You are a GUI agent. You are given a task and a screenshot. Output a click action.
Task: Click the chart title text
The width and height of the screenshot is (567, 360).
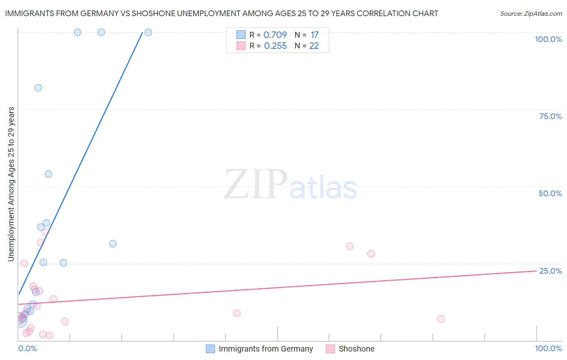pos(221,14)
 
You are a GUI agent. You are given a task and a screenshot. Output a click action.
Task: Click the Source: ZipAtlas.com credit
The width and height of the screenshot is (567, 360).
pos(531,14)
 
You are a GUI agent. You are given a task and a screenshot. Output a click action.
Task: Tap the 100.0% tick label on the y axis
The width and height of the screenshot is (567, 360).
pos(548,39)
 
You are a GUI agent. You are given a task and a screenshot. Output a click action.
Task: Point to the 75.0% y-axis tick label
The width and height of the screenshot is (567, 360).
pos(550,116)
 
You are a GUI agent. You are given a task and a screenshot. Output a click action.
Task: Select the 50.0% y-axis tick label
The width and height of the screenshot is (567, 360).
pos(550,193)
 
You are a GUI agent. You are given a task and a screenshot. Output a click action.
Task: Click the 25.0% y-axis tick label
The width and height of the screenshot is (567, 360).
pos(550,271)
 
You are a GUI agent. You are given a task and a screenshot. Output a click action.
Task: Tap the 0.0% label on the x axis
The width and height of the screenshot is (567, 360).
pos(28,348)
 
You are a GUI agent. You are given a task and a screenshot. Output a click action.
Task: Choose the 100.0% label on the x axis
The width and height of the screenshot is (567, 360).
pos(548,348)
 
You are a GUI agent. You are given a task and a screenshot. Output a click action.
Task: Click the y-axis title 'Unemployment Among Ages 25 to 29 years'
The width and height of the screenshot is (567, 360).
pos(11,184)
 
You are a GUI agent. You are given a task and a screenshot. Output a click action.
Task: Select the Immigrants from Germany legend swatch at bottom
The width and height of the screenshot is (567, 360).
pos(211,349)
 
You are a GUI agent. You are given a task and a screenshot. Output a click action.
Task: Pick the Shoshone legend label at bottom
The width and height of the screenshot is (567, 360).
pos(356,349)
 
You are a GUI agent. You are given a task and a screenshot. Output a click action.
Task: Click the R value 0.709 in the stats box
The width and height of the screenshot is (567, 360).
pos(275,35)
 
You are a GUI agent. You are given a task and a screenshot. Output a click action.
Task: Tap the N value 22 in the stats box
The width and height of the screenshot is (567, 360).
pos(314,46)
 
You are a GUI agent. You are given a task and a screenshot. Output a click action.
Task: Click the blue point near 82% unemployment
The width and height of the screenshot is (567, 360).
pos(38,88)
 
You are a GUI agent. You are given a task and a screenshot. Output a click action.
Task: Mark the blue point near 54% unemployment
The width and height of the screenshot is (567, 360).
pos(48,174)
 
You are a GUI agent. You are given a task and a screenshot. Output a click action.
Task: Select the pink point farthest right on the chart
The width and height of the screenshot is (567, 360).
pos(441,319)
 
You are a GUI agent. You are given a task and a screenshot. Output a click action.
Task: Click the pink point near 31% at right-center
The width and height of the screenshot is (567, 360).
pos(350,246)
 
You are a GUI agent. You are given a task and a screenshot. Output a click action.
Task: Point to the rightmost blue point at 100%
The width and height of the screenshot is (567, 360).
pos(148,32)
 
